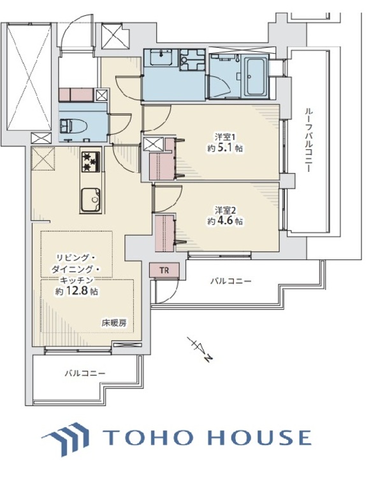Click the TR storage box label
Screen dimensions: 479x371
(164, 271)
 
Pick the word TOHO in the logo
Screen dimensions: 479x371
(142, 437)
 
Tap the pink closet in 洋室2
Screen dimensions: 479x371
(164, 231)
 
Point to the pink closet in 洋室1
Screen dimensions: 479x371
(162, 164)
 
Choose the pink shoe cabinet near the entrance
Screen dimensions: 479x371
(76, 95)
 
